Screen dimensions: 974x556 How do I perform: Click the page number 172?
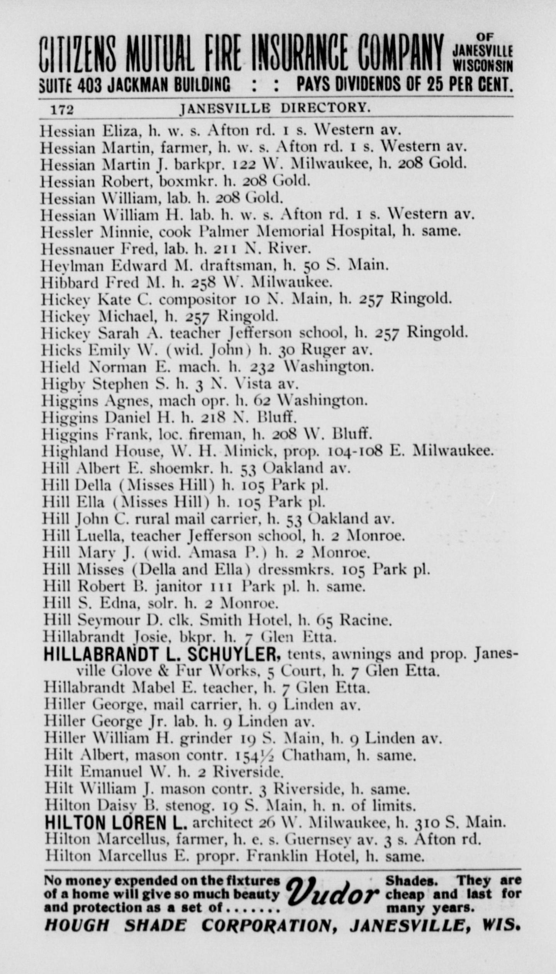click(x=62, y=110)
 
